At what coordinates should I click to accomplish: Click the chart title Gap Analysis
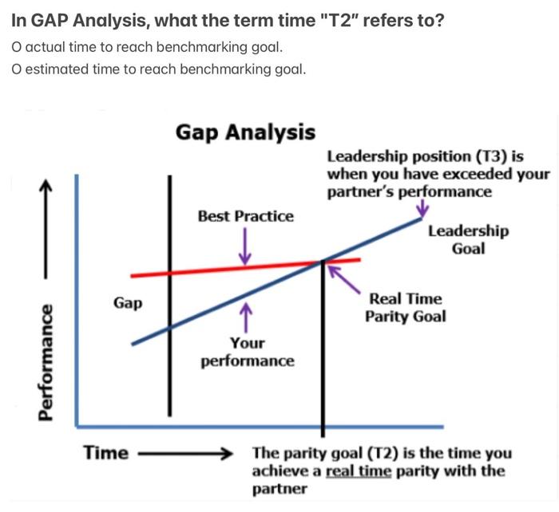pos(246,132)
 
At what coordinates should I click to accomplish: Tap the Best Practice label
pos(245,216)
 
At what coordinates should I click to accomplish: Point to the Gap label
pos(128,303)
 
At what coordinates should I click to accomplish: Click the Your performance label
pos(247,352)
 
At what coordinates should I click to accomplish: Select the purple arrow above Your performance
pos(247,315)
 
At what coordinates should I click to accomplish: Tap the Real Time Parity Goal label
pos(405,308)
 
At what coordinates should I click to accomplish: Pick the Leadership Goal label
pos(468,239)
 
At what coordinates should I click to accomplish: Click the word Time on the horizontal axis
pos(106,453)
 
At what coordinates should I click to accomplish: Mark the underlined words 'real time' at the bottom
pos(359,471)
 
